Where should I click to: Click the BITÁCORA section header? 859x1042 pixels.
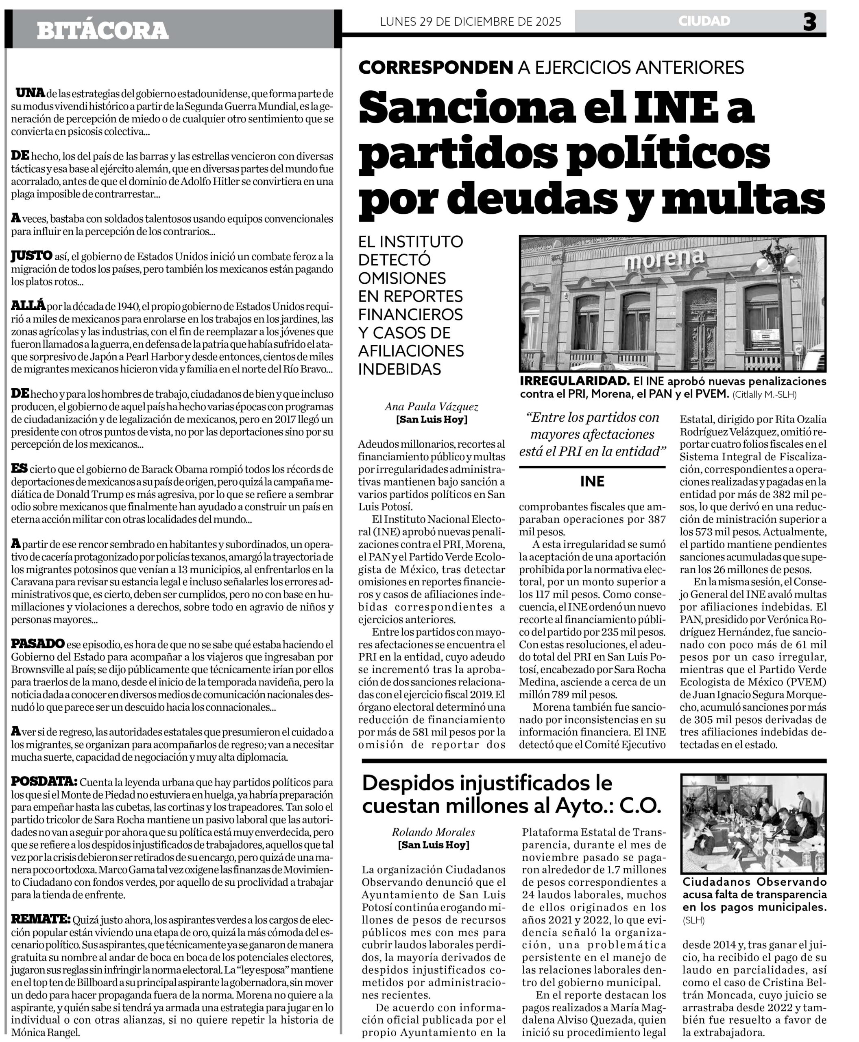tap(102, 31)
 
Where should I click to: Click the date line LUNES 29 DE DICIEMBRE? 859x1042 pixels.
tap(470, 22)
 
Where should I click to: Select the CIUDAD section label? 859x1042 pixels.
tap(704, 21)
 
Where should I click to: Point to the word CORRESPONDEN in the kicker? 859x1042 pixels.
tap(436, 67)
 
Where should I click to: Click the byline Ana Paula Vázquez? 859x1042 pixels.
tap(432, 407)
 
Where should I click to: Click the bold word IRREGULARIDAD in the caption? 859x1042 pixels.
tap(574, 381)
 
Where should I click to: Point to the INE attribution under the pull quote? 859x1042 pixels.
tap(592, 482)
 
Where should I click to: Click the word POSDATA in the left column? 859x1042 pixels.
tap(44, 781)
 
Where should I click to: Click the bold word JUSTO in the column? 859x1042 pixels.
tap(32, 256)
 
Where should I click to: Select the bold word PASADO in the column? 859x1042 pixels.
tap(37, 644)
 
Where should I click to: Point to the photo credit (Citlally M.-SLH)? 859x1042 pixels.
tap(765, 395)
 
